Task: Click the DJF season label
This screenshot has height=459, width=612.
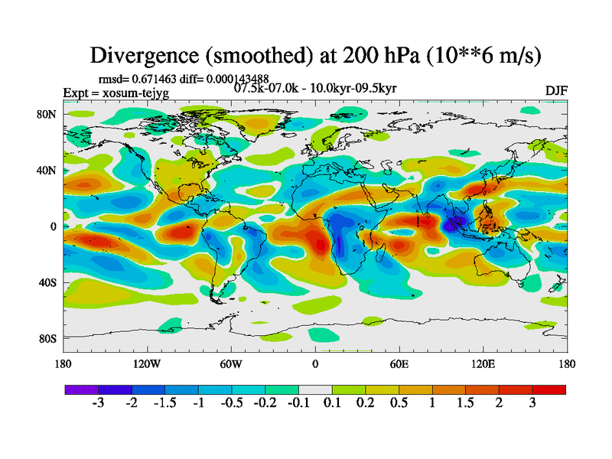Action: coord(555,91)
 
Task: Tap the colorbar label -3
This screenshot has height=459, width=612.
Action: coord(97,405)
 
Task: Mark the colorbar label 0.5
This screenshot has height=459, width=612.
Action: coord(399,405)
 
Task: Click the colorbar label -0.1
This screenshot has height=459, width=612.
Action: coord(298,405)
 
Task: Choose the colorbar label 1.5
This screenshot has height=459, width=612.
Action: coord(465,405)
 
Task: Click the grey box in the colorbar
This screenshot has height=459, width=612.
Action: coord(315,390)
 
